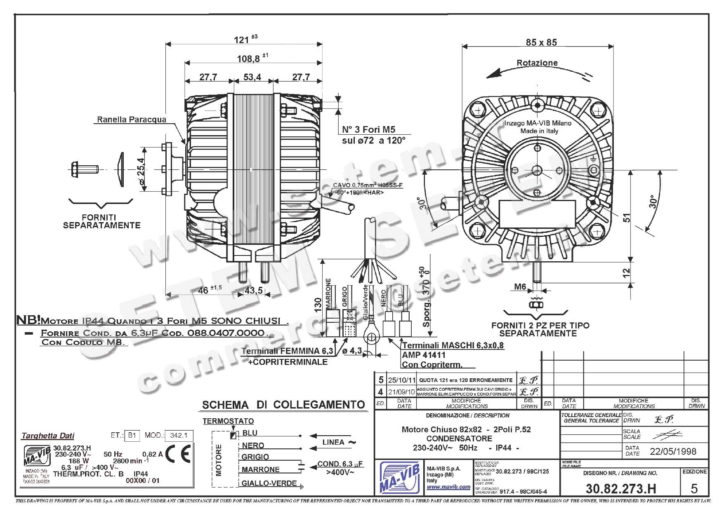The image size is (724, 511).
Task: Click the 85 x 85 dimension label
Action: coord(541,42)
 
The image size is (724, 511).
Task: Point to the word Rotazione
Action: coord(537,63)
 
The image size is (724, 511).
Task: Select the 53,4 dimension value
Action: coord(252,77)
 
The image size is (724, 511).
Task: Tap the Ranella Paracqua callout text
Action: coord(132,120)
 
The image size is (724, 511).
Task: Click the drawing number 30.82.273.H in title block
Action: coord(620,488)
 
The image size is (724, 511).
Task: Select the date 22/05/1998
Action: coord(673,451)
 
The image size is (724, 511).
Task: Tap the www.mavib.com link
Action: coord(448,487)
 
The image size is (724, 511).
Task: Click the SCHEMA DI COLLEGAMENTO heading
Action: coord(283,405)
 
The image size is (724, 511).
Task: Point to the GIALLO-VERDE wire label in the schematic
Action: coord(269,483)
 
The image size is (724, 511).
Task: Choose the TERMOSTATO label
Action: coord(228,421)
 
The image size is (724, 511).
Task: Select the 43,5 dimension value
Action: coord(254,290)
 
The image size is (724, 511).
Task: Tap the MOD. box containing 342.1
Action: coord(179,435)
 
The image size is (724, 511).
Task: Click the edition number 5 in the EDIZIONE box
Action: coord(694,488)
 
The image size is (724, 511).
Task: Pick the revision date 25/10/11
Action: coord(400,380)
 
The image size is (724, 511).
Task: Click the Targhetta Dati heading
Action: coord(48,436)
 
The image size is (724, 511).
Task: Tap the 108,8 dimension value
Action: coord(248,59)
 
